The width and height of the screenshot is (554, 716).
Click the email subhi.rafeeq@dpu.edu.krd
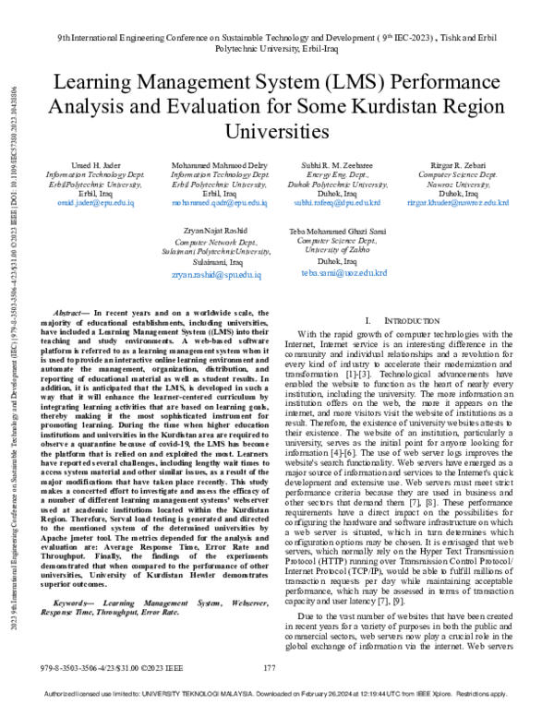point(336,200)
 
